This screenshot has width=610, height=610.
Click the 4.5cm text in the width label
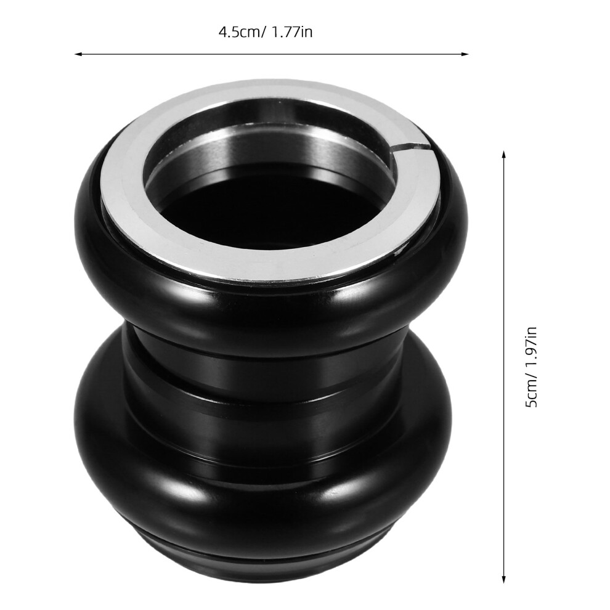(x=240, y=32)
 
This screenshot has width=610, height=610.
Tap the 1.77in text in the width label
(x=291, y=32)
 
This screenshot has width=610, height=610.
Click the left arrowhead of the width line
(x=79, y=54)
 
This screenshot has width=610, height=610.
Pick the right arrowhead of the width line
(x=464, y=54)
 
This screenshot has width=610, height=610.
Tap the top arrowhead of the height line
(x=504, y=155)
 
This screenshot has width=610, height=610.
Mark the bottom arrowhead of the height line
(x=504, y=579)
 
